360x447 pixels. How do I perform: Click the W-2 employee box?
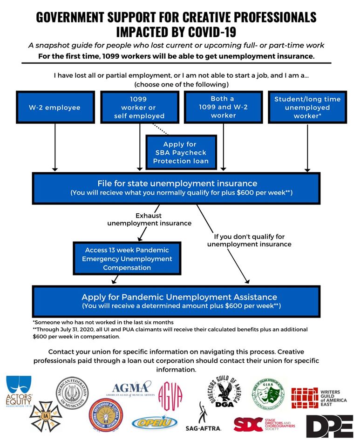tap(55, 108)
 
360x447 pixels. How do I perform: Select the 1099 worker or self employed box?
tap(140, 108)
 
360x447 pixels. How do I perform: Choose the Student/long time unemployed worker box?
tap(307, 108)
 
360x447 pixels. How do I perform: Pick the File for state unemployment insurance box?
tap(176, 188)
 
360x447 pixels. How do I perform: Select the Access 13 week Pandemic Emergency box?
tap(127, 258)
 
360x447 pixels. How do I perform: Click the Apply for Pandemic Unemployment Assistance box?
tap(176, 301)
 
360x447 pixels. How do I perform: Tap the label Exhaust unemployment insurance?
tap(149, 219)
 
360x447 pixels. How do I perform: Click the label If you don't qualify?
tap(249, 240)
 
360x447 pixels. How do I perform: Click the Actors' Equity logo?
tap(19, 391)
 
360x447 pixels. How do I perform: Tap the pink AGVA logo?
tap(170, 396)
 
